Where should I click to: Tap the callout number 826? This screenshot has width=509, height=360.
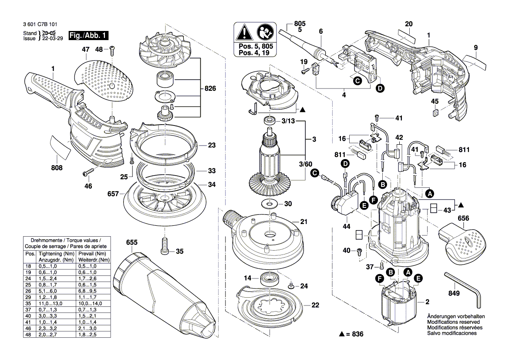[x=210, y=89]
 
